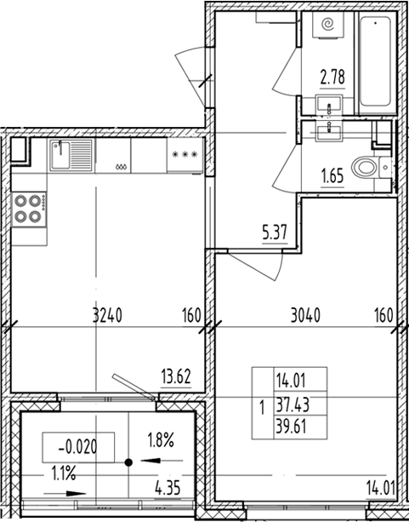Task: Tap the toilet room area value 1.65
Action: point(332,177)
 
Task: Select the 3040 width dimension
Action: point(306,315)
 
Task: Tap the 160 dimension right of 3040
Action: point(384,315)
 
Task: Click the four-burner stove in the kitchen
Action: point(31,209)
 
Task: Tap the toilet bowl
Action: point(368,167)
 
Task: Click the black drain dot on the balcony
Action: point(128,463)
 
